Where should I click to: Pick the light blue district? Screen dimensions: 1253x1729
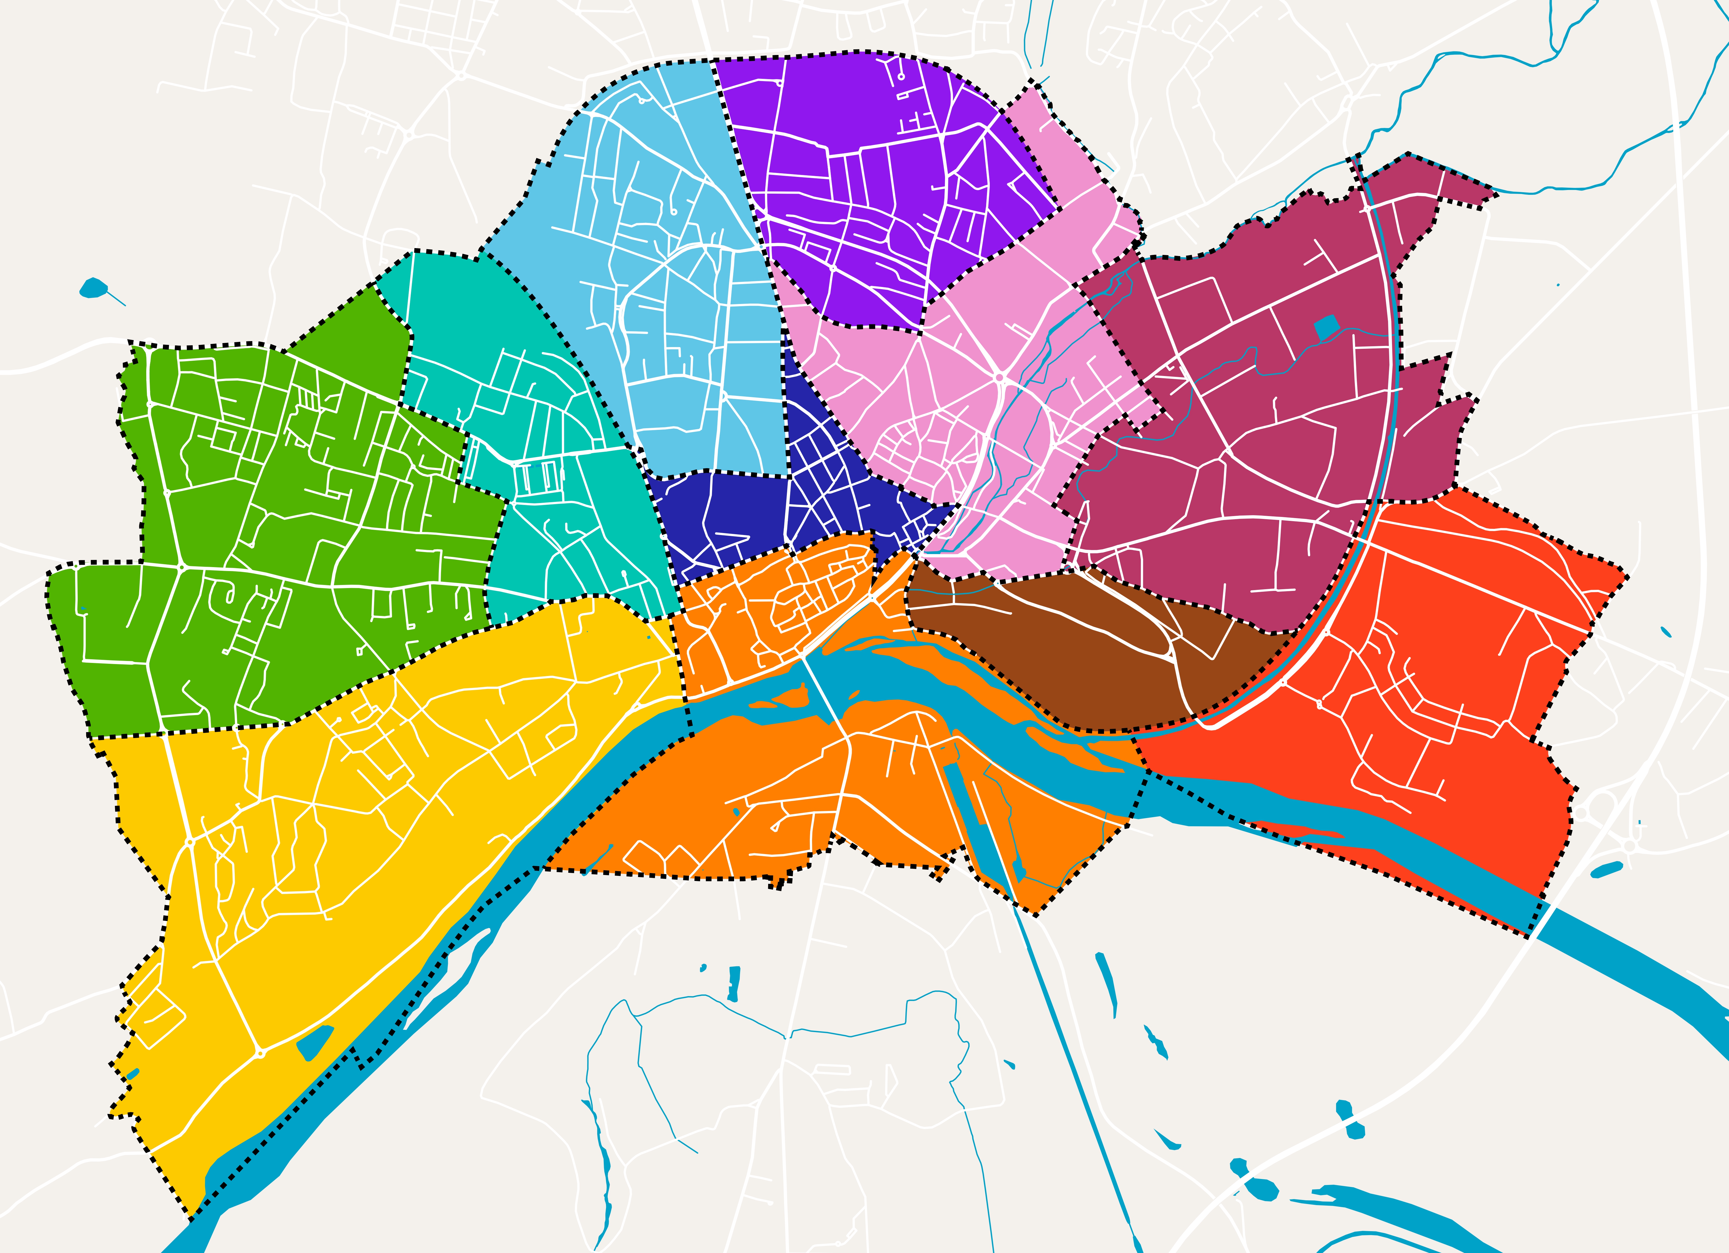[x=686, y=320]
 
